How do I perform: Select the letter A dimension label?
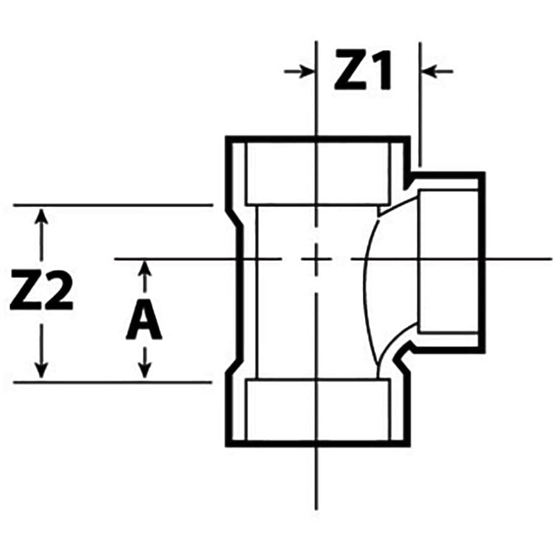point(144,321)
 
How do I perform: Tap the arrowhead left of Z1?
point(305,72)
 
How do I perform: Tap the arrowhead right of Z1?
point(431,72)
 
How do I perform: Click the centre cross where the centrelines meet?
point(316,259)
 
